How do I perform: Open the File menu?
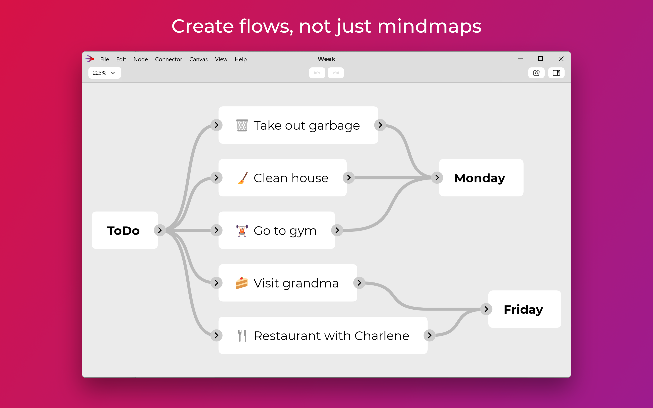[105, 59]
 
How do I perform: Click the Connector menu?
[168, 59]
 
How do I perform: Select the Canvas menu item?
[198, 59]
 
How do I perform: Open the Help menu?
[240, 59]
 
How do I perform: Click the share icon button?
[536, 73]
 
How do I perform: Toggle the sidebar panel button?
[556, 73]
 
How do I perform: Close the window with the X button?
[561, 59]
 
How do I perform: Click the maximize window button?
[540, 59]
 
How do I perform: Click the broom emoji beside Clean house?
[242, 178]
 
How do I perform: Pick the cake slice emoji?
[242, 283]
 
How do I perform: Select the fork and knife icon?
[242, 336]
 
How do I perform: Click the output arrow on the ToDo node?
[160, 230]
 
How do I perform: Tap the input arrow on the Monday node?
[437, 177]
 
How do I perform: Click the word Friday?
[523, 309]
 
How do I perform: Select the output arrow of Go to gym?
[337, 230]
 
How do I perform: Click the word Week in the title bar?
[326, 59]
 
